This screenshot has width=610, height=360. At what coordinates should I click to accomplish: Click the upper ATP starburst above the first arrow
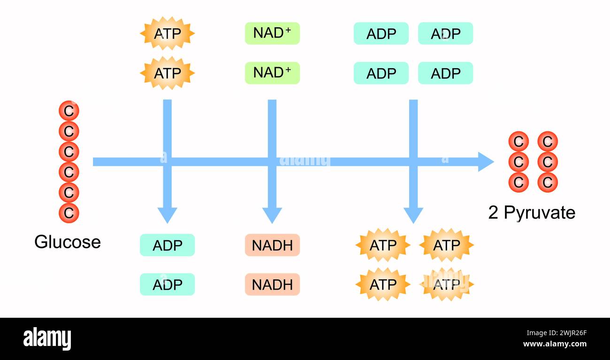(x=167, y=34)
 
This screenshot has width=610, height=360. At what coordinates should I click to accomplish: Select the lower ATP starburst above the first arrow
(x=167, y=73)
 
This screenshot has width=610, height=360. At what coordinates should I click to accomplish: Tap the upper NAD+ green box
(x=272, y=33)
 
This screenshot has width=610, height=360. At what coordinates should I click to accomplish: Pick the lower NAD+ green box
(x=272, y=73)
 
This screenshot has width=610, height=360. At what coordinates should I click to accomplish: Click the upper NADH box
(x=272, y=245)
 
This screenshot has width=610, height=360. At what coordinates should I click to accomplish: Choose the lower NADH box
(x=272, y=284)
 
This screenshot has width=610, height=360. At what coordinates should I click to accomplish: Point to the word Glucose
(x=68, y=242)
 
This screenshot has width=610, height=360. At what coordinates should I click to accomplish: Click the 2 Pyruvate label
(x=532, y=213)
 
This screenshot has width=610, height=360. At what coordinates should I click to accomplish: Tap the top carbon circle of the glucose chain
(x=69, y=111)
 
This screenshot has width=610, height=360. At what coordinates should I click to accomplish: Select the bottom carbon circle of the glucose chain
(x=69, y=213)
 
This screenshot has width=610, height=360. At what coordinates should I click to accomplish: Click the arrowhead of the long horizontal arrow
(x=486, y=162)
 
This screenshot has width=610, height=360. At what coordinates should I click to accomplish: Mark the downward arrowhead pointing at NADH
(x=272, y=215)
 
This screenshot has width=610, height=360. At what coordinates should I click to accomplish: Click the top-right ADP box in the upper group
(x=445, y=34)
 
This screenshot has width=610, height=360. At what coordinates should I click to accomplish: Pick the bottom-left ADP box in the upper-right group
(x=381, y=73)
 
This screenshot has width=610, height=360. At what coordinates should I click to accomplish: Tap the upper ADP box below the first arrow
(x=167, y=245)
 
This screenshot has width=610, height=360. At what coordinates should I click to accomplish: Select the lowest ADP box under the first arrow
(x=167, y=284)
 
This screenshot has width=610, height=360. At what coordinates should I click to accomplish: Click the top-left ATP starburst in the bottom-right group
(x=383, y=245)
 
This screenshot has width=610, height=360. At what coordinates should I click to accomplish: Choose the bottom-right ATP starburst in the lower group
(x=446, y=284)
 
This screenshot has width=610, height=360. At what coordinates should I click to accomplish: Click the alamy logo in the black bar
(x=47, y=339)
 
